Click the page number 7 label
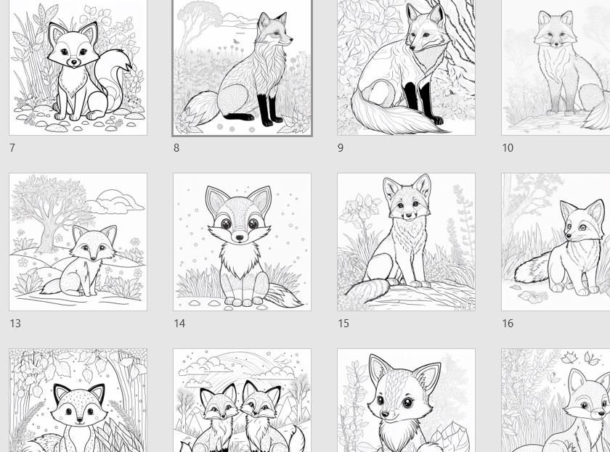12,148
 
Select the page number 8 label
176,148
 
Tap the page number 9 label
341,148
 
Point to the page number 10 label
507,148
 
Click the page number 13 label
15,324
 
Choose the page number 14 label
179,324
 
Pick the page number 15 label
343,324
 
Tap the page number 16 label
508,324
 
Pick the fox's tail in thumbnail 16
534,268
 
